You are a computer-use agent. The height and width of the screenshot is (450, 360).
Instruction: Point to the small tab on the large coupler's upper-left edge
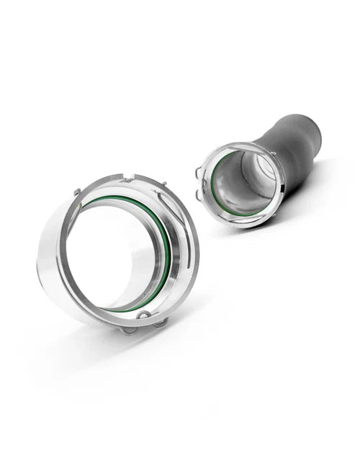[76, 192]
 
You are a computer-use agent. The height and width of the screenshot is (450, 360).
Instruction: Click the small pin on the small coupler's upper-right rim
[273, 153]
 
